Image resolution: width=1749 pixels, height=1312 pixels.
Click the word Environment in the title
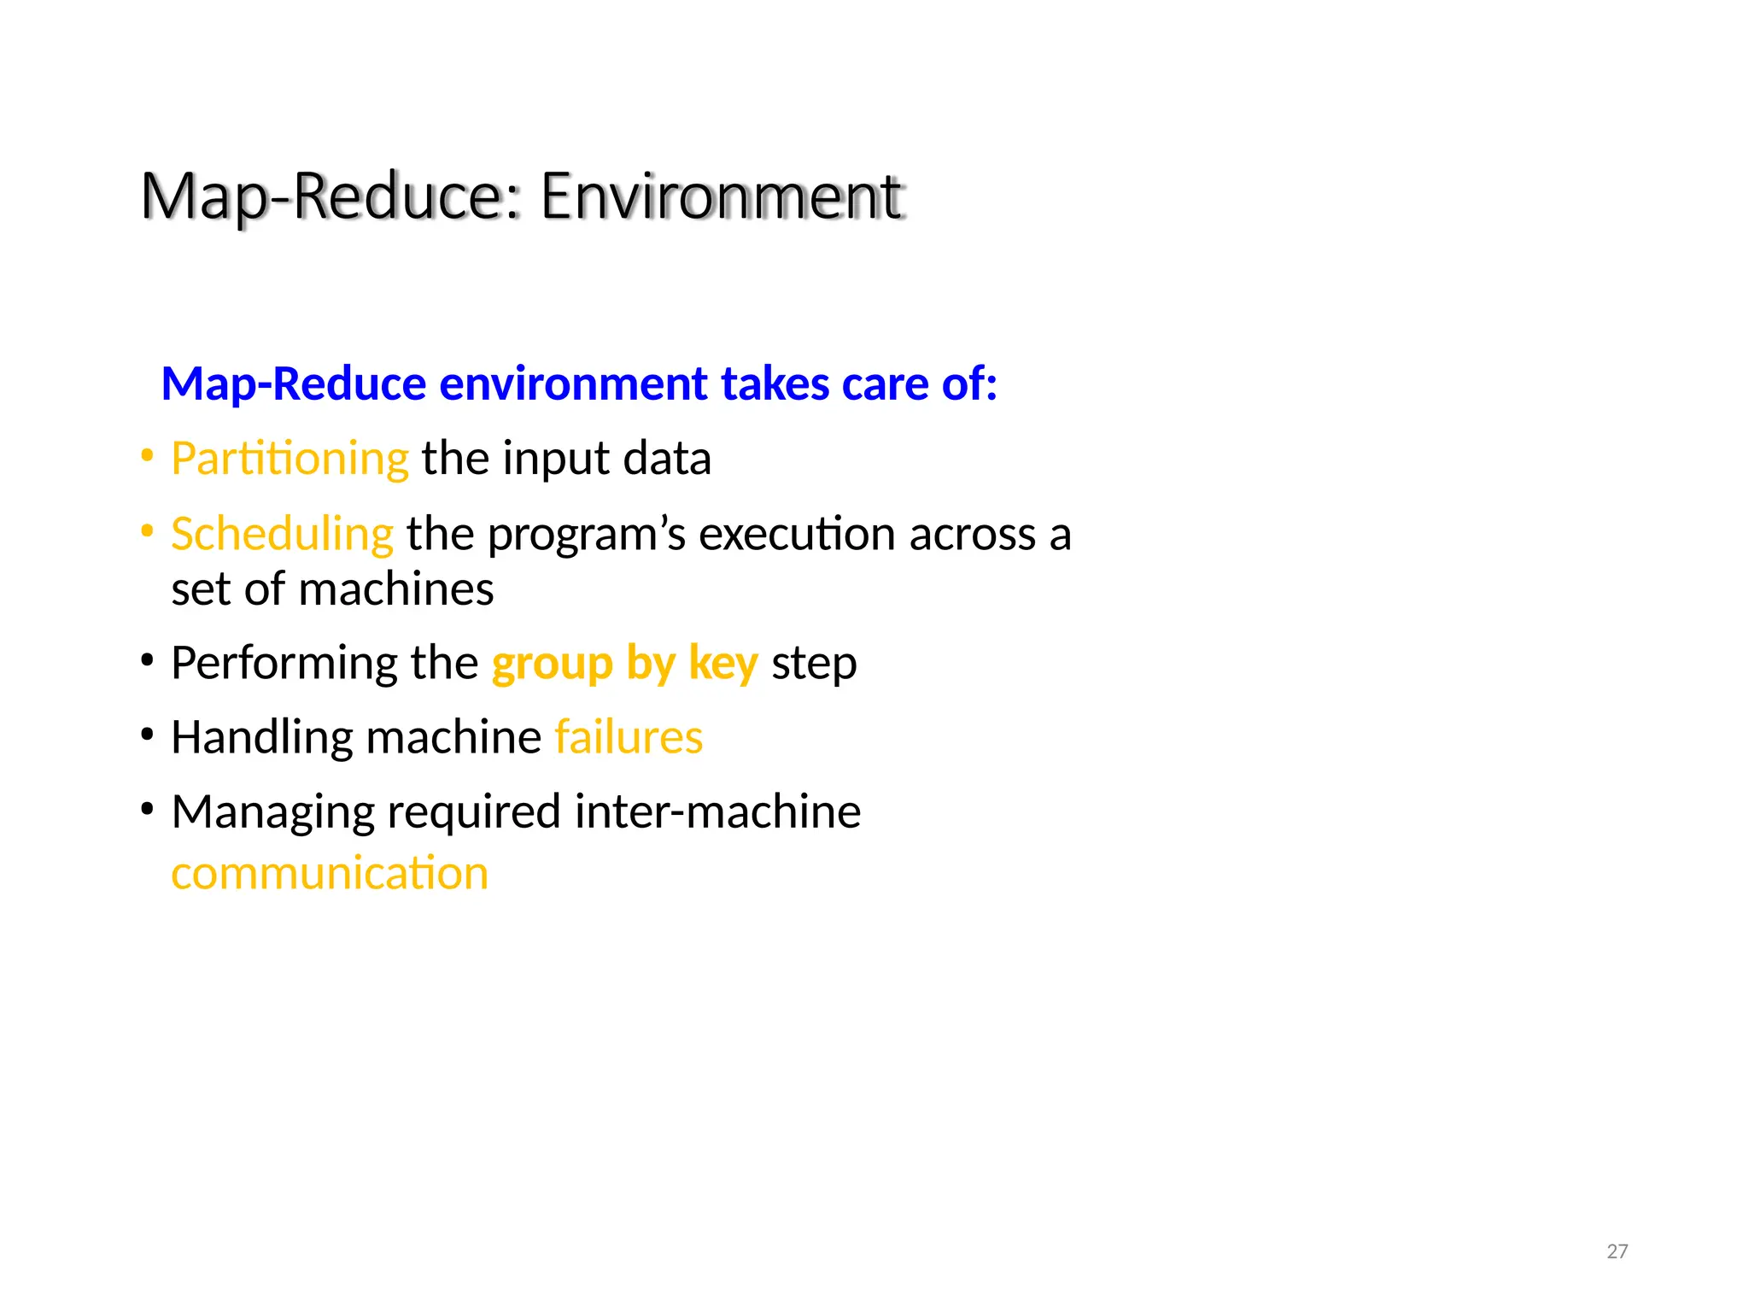point(722,196)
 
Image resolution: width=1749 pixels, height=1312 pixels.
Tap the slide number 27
point(1617,1251)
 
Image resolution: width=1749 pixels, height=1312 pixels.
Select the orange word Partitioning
point(290,459)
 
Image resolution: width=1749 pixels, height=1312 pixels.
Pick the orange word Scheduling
point(282,535)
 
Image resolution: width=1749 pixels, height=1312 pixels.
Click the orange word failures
point(629,737)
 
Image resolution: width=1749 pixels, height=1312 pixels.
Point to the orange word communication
point(330,874)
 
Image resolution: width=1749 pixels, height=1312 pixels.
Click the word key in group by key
point(722,664)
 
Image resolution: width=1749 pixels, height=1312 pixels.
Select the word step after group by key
point(814,665)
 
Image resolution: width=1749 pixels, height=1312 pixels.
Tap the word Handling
point(261,737)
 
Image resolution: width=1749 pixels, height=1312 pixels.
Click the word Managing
point(272,811)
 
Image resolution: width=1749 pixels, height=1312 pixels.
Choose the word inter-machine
point(717,811)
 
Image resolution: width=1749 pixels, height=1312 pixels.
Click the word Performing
point(284,664)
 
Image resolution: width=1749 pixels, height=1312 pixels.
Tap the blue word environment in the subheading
point(573,384)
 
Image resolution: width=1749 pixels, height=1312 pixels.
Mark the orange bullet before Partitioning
point(148,456)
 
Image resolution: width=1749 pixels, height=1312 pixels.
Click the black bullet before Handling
point(148,735)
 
